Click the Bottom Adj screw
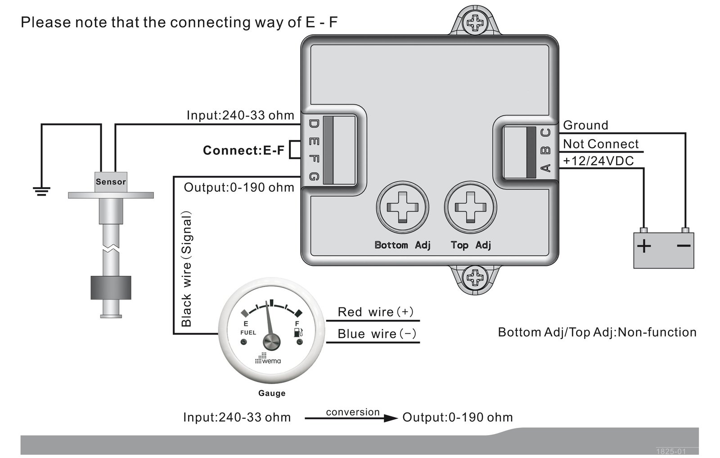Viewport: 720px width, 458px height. pyautogui.click(x=402, y=207)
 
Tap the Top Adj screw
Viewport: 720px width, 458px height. pyautogui.click(x=470, y=207)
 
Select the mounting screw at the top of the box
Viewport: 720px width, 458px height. pyautogui.click(x=475, y=22)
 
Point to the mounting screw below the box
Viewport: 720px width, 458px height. pyautogui.click(x=475, y=278)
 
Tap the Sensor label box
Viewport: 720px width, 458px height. pyautogui.click(x=111, y=182)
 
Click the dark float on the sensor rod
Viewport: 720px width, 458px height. pyautogui.click(x=111, y=287)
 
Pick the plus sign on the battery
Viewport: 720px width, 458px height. pyautogui.click(x=644, y=247)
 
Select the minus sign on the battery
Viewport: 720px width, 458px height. pyautogui.click(x=684, y=246)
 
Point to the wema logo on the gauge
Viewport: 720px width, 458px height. pyautogui.click(x=268, y=359)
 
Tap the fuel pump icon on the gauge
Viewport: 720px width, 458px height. pyautogui.click(x=298, y=332)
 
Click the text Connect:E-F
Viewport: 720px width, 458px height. pyautogui.click(x=243, y=150)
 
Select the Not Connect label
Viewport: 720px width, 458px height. pyautogui.click(x=601, y=144)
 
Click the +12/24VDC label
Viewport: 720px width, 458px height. pyautogui.click(x=598, y=161)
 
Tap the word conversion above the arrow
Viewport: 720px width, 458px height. pyautogui.click(x=353, y=412)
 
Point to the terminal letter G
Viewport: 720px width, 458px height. pyautogui.click(x=314, y=176)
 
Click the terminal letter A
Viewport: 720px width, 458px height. pyautogui.click(x=546, y=168)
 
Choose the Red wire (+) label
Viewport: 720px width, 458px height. pyautogui.click(x=375, y=312)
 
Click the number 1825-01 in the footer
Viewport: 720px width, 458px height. pyautogui.click(x=671, y=451)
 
